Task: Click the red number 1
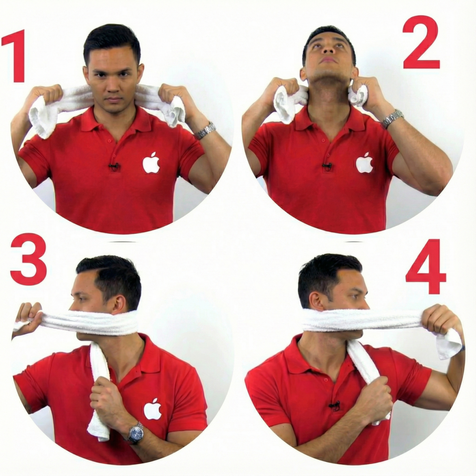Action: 16,56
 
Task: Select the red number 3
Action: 28,259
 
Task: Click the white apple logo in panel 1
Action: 151,163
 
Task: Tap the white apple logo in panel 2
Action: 364,163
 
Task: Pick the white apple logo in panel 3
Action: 152,409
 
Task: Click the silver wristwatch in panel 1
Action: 205,131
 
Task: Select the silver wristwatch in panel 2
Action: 392,119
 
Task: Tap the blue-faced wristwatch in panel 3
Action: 136,433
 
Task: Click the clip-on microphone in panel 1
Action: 114,166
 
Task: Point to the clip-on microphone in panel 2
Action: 327,166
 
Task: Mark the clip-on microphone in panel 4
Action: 334,405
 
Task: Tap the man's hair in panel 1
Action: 112,40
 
